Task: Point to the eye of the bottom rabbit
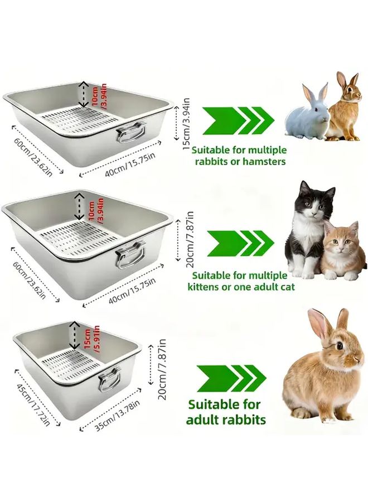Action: click(340, 346)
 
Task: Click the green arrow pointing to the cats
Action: click(240, 243)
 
